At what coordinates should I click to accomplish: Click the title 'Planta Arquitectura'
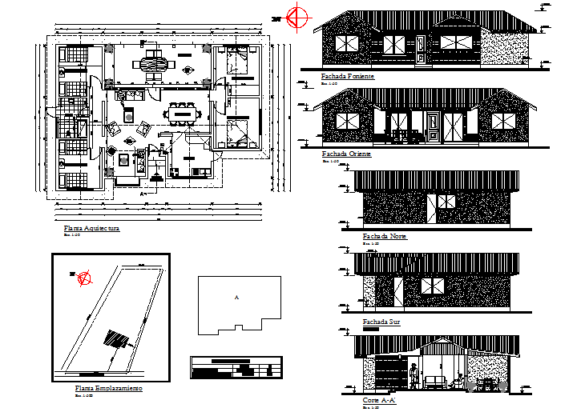tap(91, 229)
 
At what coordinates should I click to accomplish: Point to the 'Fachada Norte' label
tap(385, 237)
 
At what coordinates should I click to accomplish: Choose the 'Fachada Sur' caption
tap(381, 322)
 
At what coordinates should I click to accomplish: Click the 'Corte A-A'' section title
tap(381, 400)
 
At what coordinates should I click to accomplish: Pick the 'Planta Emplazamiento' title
tap(108, 388)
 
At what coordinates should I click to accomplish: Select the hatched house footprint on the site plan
tap(118, 340)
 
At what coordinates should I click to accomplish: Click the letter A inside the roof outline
tap(236, 298)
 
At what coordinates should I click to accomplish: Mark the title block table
tap(236, 369)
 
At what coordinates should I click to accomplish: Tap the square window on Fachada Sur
tap(432, 286)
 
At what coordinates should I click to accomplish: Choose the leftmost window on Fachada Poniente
tap(348, 45)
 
